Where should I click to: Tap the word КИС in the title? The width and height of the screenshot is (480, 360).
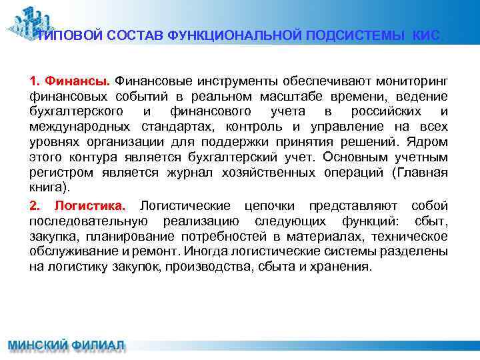pyautogui.click(x=426, y=36)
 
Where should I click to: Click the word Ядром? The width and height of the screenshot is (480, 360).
pyautogui.click(x=431, y=142)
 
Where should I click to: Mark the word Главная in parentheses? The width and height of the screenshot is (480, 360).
pyautogui.click(x=424, y=173)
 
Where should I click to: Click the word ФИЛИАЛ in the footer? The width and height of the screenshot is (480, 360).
pyautogui.click(x=97, y=347)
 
